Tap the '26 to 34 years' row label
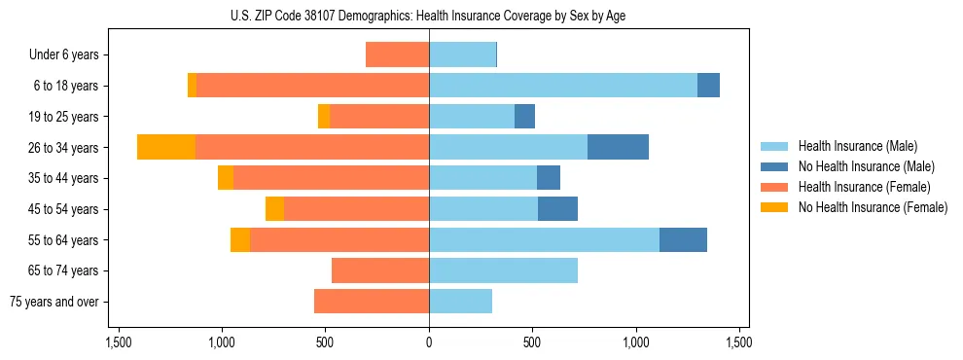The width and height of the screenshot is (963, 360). click(x=63, y=148)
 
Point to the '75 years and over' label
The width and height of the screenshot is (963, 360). click(x=54, y=302)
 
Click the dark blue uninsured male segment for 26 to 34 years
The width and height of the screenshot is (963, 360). click(x=618, y=147)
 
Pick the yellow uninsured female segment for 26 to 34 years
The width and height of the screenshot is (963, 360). click(x=166, y=147)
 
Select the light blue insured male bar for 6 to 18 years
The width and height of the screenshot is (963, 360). click(x=563, y=86)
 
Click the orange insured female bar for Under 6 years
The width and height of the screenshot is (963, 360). click(x=397, y=54)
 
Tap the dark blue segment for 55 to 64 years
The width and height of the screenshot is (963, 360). click(x=683, y=239)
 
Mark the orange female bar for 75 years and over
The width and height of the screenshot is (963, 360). click(x=372, y=302)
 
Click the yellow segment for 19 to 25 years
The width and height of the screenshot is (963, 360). click(x=324, y=117)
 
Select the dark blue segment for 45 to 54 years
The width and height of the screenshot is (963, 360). click(x=557, y=208)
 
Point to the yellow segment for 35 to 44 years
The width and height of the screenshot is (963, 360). click(x=226, y=178)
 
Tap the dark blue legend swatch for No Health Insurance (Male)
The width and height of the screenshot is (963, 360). click(x=774, y=166)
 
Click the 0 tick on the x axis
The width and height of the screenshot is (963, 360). click(x=429, y=342)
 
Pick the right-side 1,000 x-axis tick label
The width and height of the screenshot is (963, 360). click(x=636, y=342)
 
